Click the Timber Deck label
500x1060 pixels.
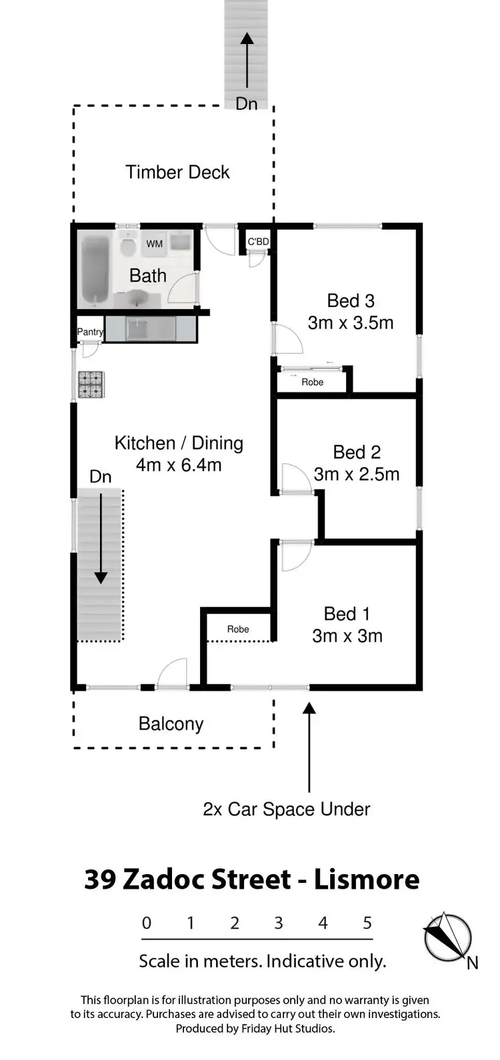[x=177, y=172]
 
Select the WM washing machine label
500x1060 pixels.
[x=155, y=244]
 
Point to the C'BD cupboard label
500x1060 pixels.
[x=258, y=242]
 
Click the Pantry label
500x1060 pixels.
[x=90, y=332]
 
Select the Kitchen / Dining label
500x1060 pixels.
[x=179, y=443]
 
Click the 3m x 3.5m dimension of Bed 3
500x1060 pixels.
[x=351, y=323]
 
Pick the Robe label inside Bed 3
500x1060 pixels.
[x=312, y=382]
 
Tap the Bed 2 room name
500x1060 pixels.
[x=357, y=452]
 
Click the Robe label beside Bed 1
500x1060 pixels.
[x=238, y=629]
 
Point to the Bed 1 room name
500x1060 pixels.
[x=347, y=614]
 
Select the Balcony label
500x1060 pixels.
[x=171, y=724]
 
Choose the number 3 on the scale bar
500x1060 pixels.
[x=279, y=923]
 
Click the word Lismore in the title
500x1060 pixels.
[x=367, y=879]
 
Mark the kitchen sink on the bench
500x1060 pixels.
[x=141, y=328]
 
